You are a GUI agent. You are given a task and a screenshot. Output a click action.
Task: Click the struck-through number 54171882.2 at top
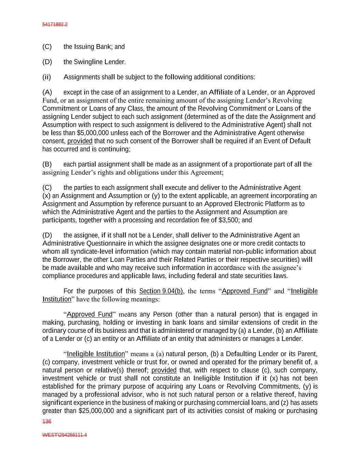coord(55,25)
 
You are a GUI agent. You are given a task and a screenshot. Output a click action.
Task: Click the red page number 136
coord(46,422)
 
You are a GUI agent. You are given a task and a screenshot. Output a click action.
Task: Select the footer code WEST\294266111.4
coord(64,435)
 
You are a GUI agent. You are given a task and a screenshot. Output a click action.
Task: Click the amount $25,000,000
coord(96,411)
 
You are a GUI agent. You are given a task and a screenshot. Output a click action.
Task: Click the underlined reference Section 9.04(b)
coord(161,291)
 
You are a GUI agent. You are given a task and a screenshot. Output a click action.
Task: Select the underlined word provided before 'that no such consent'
coord(80,141)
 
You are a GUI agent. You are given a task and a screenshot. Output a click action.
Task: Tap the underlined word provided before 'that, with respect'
coord(164,370)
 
